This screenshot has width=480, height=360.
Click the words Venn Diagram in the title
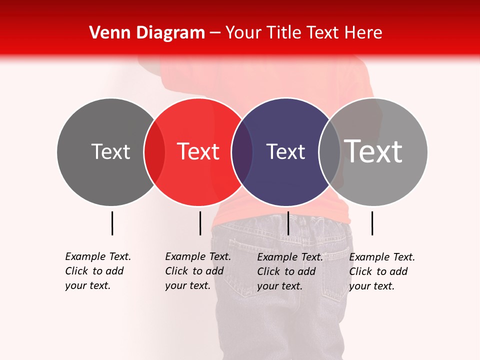[147, 33]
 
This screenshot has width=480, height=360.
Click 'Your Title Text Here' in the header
[303, 33]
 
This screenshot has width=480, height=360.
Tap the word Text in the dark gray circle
[110, 152]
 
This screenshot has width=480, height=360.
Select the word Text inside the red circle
[198, 152]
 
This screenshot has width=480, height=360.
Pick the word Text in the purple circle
[285, 152]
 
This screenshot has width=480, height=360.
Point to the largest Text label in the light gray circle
[373, 151]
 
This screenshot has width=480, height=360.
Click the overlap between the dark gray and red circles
[154, 152]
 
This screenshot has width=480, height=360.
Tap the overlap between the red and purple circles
[242, 152]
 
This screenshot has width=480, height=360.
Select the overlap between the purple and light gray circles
[329, 152]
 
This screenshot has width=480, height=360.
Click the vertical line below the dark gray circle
[112, 223]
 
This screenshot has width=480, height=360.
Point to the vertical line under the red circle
[200, 223]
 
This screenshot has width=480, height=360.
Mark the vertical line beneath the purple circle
[288, 223]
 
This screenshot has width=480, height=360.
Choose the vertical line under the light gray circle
[372, 223]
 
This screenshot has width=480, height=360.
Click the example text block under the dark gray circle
[98, 271]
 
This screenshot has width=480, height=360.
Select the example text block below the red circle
[198, 271]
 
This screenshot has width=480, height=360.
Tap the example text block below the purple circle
[290, 271]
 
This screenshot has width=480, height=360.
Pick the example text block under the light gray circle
[382, 271]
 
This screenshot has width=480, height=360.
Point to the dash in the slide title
[215, 33]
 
